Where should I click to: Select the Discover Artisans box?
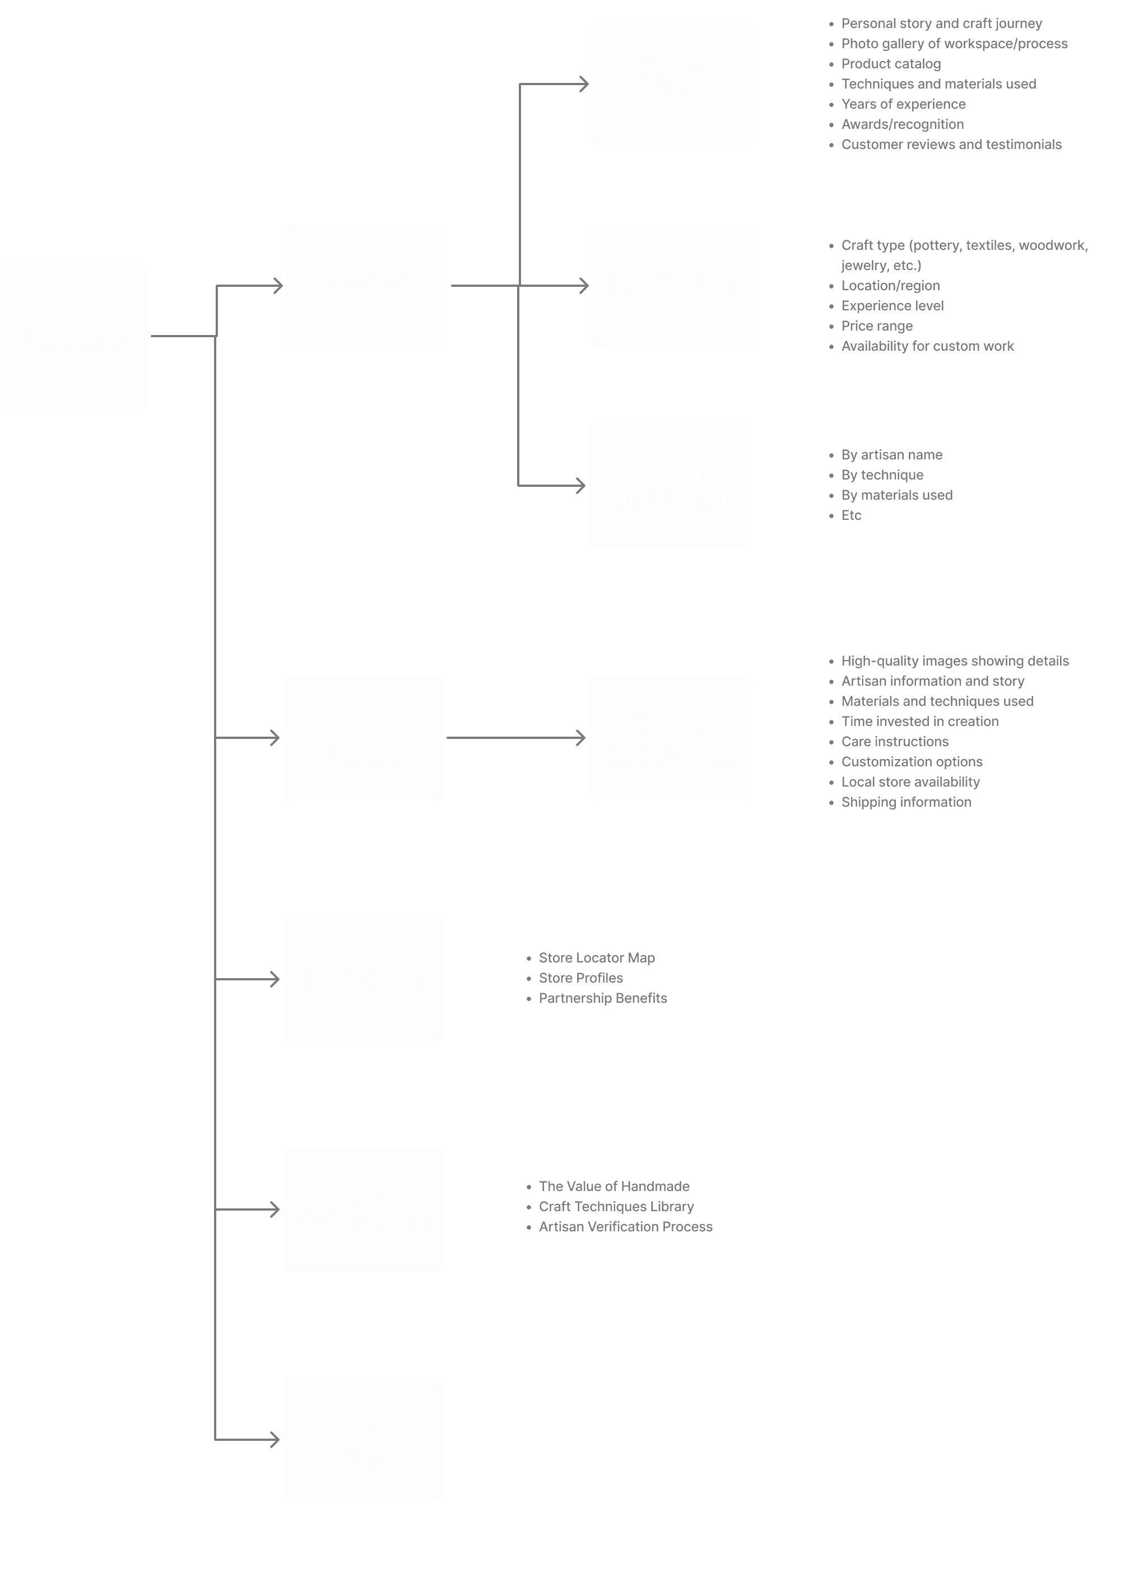[366, 286]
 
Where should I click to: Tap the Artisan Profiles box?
[672, 84]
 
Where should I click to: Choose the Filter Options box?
[672, 286]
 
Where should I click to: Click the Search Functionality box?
[669, 486]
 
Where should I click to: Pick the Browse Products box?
[362, 738]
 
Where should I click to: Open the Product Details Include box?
[669, 738]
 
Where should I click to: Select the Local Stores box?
[362, 979]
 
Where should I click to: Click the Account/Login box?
[362, 1440]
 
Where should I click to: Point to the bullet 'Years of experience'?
[903, 104]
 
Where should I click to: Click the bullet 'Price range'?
[876, 325]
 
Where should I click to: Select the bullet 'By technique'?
[882, 474]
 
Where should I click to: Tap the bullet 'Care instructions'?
[894, 742]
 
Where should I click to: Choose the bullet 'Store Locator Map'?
[596, 957]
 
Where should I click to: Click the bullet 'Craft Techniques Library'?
[616, 1207]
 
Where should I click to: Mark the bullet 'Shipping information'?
[906, 802]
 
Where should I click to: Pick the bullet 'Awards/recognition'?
[902, 124]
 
